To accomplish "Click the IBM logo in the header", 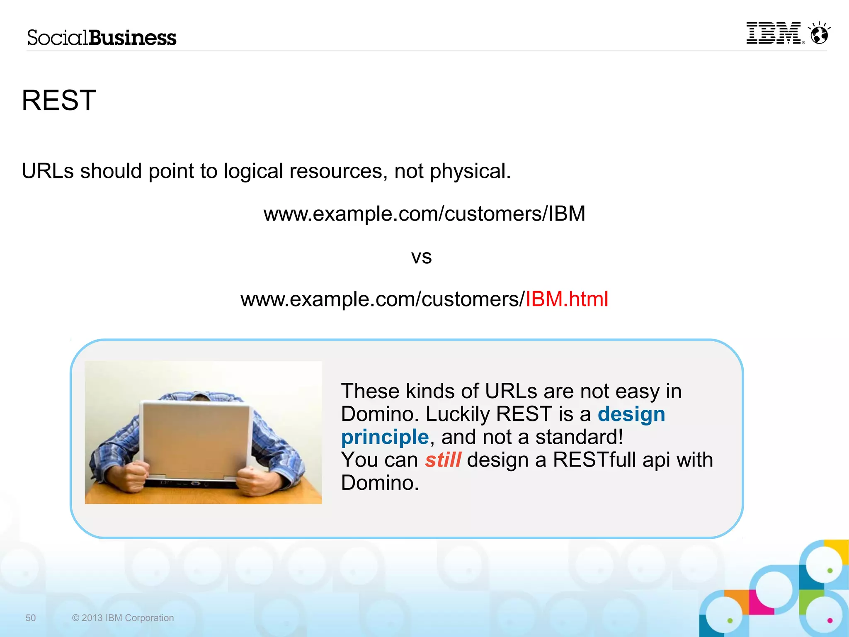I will pyautogui.click(x=774, y=33).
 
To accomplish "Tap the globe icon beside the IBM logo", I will pyautogui.click(x=819, y=34).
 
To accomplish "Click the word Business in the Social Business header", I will pyautogui.click(x=133, y=38).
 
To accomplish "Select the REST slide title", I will pyautogui.click(x=59, y=100).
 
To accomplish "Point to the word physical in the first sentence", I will pyautogui.click(x=470, y=171).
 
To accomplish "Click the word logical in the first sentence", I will pyautogui.click(x=253, y=171).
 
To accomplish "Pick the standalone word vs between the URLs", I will pyautogui.click(x=421, y=257).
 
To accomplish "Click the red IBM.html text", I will pyautogui.click(x=567, y=299).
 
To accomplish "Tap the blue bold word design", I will pyautogui.click(x=631, y=414).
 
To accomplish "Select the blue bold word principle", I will pyautogui.click(x=385, y=437).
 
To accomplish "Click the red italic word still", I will pyautogui.click(x=443, y=460).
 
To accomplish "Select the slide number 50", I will pyautogui.click(x=31, y=618).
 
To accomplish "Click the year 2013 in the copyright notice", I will pyautogui.click(x=92, y=618).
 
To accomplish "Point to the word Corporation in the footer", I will pyautogui.click(x=149, y=618).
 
